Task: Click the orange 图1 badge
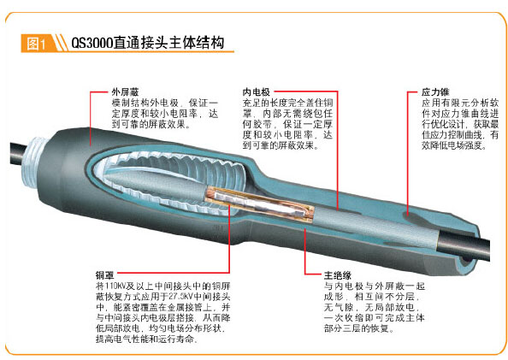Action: pyautogui.click(x=36, y=43)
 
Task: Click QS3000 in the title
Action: pyautogui.click(x=92, y=43)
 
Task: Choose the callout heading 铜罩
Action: pyautogui.click(x=104, y=275)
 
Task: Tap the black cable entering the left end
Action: pyautogui.click(x=18, y=155)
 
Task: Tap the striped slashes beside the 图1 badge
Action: pyautogui.click(x=60, y=43)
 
